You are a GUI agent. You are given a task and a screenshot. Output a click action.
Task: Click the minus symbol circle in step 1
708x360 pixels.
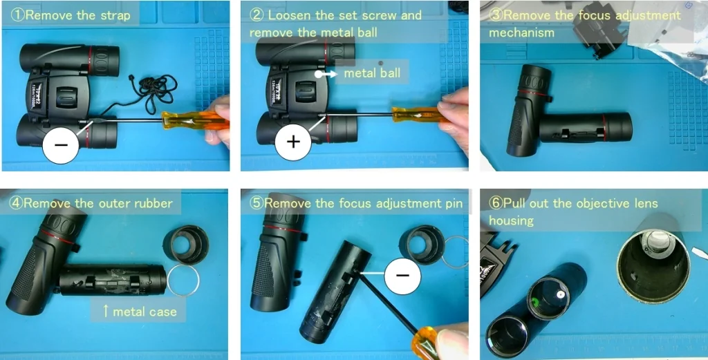point(61,145)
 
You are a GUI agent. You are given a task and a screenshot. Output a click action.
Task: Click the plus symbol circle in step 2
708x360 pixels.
point(293,142)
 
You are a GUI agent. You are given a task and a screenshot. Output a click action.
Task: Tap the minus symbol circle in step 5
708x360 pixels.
point(402,274)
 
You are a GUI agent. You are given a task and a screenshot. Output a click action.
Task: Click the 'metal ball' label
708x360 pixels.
point(371,73)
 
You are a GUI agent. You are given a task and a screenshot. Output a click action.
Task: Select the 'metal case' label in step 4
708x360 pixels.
point(139,312)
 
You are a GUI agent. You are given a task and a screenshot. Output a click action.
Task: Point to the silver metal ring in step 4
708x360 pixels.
point(184,279)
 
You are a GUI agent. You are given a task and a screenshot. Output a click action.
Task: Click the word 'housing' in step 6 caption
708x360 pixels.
point(512,220)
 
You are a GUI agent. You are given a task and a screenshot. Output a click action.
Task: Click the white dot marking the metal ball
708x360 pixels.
point(319,73)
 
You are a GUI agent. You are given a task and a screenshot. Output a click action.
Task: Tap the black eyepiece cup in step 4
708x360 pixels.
point(185,245)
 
